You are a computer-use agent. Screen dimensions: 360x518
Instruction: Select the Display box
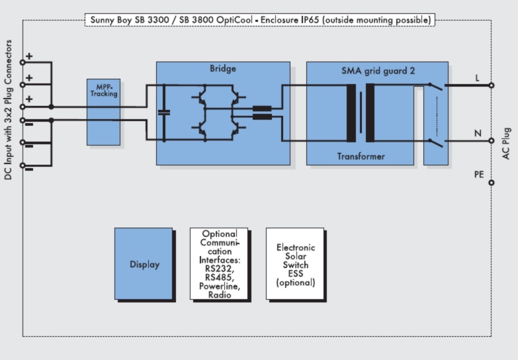pos(144,264)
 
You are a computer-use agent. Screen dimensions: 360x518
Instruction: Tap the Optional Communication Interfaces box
pos(218,265)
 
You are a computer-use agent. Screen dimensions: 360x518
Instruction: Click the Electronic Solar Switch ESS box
pos(295,265)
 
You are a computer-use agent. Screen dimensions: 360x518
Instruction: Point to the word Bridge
pos(222,69)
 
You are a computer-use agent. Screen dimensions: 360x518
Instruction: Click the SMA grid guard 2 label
pos(376,70)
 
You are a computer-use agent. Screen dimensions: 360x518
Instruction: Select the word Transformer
pos(361,157)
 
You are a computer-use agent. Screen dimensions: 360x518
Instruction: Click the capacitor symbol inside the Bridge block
pos(165,113)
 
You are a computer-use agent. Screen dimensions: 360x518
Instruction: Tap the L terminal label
pos(477,78)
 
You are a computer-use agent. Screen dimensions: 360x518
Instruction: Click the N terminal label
pos(477,133)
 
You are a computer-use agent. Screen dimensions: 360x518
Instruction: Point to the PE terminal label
pos(478,175)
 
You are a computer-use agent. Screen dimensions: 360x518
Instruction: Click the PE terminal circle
pos(492,183)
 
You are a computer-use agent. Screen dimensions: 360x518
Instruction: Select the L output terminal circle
pos(492,85)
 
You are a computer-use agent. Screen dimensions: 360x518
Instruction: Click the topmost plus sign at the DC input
pos(29,56)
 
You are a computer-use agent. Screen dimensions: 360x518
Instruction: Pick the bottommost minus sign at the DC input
pos(29,169)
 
